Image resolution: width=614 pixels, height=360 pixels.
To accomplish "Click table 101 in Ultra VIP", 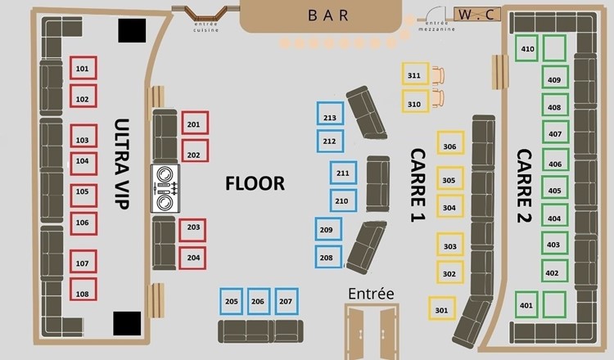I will (84, 69).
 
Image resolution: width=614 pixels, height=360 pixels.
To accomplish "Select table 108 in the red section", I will (84, 291).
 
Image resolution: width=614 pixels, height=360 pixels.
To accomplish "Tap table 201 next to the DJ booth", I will (194, 124).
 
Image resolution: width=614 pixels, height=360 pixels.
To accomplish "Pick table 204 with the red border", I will (192, 257).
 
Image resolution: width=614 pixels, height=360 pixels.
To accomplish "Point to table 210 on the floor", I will (343, 200).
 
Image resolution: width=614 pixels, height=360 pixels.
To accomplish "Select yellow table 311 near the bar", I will (414, 75).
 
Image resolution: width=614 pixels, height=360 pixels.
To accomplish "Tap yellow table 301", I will (442, 308).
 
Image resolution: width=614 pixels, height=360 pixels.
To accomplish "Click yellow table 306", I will (449, 146).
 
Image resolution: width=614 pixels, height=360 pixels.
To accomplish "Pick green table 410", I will (528, 48).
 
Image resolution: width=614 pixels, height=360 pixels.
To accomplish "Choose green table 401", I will (526, 305).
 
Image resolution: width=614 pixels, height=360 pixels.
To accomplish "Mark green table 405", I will (554, 190).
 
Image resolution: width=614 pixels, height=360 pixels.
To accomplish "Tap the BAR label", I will (328, 15).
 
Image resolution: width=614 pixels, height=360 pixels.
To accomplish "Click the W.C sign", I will (478, 15).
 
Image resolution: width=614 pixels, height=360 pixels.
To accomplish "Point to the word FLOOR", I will (255, 183).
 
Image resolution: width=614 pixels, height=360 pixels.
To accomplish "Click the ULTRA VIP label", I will (122, 164).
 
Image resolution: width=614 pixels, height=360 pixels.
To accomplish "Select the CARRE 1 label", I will (418, 185).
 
